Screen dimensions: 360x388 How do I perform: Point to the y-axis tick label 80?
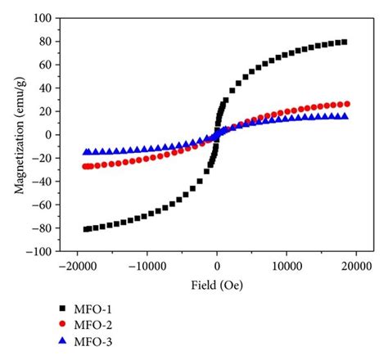(x=45, y=41)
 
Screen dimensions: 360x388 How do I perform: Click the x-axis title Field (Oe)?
(x=217, y=283)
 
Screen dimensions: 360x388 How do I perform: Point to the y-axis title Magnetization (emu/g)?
(x=17, y=135)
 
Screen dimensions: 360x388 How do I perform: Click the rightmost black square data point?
(x=344, y=42)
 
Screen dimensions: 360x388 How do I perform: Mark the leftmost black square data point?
(x=87, y=229)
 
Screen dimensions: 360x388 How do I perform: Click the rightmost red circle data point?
(x=347, y=104)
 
